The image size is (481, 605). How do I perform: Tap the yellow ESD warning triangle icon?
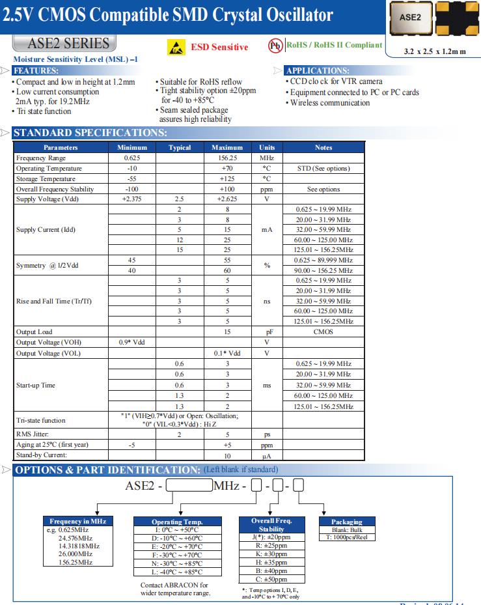[176, 48]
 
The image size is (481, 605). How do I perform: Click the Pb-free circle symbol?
[275, 45]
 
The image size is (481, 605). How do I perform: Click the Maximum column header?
[227, 148]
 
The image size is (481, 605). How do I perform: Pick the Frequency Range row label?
[41, 158]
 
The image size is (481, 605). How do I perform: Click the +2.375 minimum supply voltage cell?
[132, 199]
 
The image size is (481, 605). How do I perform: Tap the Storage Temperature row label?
[46, 178]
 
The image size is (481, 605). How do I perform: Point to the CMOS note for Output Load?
[323, 332]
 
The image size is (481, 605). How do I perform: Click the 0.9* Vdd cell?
[132, 343]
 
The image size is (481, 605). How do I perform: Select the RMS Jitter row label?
[33, 434]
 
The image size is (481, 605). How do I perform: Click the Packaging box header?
[346, 522]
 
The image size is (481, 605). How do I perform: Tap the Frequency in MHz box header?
[77, 521]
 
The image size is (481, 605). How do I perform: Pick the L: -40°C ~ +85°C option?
[177, 572]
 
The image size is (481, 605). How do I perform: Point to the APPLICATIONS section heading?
[317, 70]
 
